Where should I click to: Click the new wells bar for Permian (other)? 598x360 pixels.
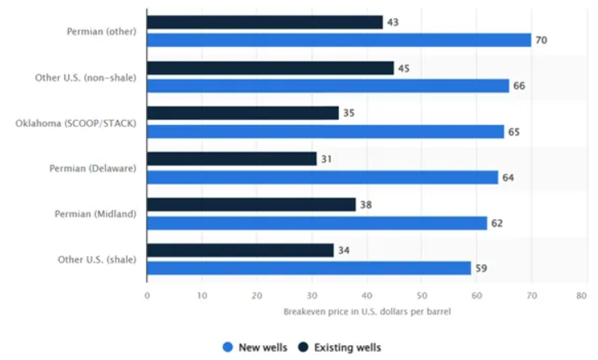click(339, 40)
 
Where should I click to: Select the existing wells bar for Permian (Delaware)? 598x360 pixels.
click(231, 159)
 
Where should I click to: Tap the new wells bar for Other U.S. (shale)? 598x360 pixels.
click(308, 268)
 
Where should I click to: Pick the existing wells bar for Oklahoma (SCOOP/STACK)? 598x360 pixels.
click(243, 113)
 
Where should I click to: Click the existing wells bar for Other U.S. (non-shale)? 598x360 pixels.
click(270, 68)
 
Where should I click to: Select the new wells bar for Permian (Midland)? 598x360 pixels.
click(317, 223)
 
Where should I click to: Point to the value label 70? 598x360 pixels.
click(541, 40)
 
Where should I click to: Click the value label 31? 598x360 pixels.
click(327, 159)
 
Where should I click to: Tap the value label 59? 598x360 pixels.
click(482, 268)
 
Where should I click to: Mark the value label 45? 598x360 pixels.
click(404, 68)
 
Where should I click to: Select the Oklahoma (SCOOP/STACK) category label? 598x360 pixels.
click(76, 123)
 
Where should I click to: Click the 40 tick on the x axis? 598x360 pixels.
click(367, 296)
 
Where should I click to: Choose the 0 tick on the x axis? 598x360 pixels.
click(147, 296)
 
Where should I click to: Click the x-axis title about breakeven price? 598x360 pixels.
click(367, 312)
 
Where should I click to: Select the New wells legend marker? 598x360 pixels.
click(228, 347)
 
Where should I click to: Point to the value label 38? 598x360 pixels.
click(366, 205)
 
